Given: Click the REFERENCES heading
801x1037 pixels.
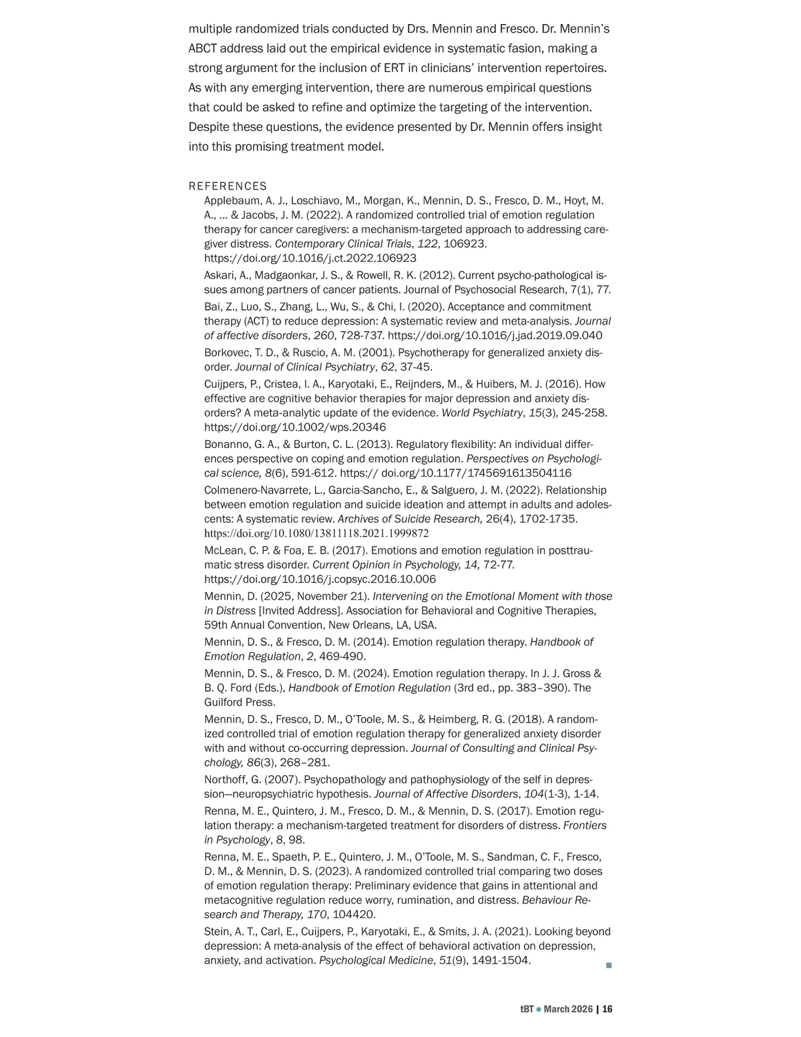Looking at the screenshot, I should (228, 186).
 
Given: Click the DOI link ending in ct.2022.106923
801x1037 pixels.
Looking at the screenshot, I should (310, 258).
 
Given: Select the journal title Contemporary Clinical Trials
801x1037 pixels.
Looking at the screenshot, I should (343, 244).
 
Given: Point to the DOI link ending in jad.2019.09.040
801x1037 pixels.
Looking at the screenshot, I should (495, 336).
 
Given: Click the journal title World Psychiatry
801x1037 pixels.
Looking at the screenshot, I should (481, 413).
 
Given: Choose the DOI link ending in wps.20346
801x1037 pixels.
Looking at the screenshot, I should (294, 427).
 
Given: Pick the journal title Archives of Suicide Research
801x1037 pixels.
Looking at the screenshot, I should (410, 519).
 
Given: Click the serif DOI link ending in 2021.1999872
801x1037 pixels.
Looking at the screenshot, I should (316, 534).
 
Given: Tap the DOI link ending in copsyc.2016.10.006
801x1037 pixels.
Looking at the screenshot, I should (320, 580).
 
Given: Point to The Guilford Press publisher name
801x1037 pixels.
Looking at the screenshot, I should (239, 702).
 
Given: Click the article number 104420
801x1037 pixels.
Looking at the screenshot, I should (354, 915).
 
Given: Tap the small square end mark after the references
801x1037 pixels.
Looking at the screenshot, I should (608, 966).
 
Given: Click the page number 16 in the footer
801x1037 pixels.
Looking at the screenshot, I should (607, 1010).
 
